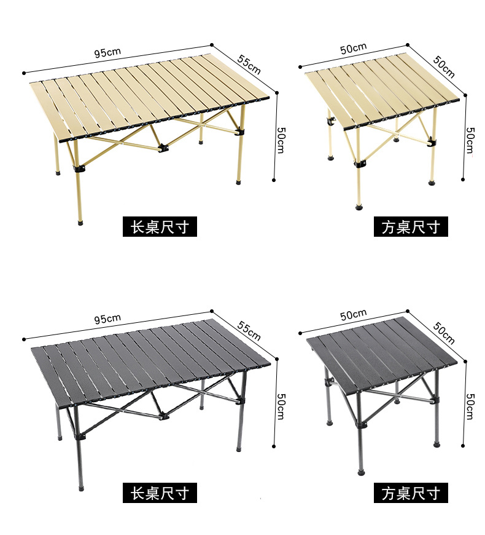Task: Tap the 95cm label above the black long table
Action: pyautogui.click(x=107, y=319)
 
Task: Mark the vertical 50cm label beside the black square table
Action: pyautogui.click(x=470, y=406)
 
